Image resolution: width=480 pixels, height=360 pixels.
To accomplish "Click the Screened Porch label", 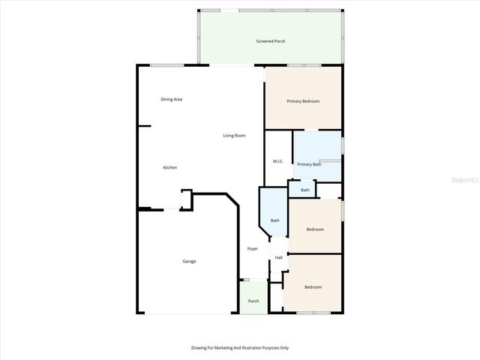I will tap(270, 41).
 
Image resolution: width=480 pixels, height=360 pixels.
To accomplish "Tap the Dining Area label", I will tap(172, 99).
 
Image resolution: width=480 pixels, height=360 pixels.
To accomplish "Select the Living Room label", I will tap(234, 136).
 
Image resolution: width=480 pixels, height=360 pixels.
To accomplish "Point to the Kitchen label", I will tap(170, 167).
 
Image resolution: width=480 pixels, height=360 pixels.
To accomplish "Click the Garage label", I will tap(189, 261).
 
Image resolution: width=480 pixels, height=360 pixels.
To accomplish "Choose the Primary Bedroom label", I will tap(304, 100).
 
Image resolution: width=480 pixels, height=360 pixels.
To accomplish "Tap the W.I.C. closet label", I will tap(277, 161).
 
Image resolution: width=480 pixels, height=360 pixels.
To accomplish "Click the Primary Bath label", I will tap(309, 164).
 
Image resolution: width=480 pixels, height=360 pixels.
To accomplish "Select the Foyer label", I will tap(253, 248).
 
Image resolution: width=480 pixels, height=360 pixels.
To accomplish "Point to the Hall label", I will tap(278, 257).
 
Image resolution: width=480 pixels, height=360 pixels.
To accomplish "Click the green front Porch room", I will tap(253, 298).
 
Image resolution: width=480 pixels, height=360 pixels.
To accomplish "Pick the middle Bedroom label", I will tap(315, 229).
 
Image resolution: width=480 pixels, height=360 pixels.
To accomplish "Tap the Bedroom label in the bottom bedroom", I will tap(313, 286).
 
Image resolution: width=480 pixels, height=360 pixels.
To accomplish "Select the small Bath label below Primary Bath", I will tap(305, 190).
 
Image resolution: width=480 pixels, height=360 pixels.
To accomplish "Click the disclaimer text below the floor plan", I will tap(239, 347).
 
